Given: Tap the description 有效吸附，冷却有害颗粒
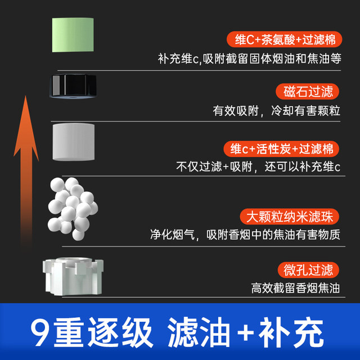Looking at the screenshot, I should tap(276, 110).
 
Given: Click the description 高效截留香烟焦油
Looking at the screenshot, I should tap(295, 288).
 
